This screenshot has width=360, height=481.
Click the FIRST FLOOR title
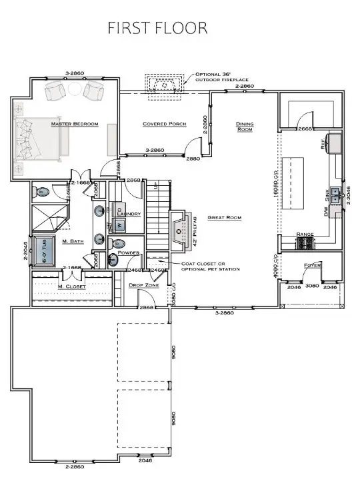pos(158,28)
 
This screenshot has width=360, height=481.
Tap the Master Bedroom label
pos(75,124)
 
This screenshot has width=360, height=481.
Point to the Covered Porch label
pos(164,124)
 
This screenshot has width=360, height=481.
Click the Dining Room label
pos(245,126)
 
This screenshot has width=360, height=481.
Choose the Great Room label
pos(224,218)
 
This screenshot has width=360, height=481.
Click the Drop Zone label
pos(142,285)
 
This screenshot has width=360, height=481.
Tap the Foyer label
pos(313,265)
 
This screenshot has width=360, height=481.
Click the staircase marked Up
pos(158,213)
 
